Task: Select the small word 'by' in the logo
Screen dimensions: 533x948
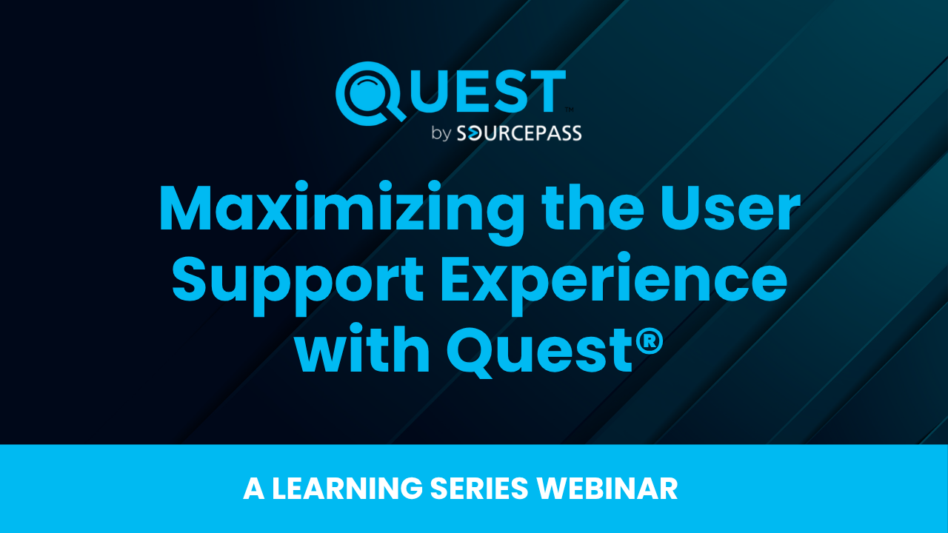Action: (441, 135)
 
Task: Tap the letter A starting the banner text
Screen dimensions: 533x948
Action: (253, 489)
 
